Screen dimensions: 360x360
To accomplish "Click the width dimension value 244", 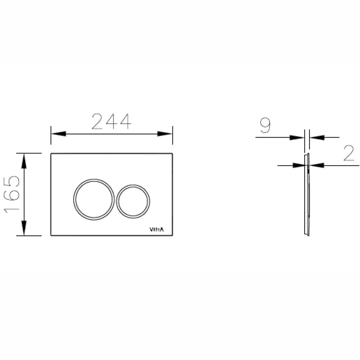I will pyautogui.click(x=111, y=121).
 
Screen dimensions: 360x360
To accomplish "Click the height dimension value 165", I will pyautogui.click(x=12, y=194).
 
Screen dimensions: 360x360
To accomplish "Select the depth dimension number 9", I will pyautogui.click(x=265, y=126).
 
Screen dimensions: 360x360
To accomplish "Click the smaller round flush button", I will pyautogui.click(x=133, y=200).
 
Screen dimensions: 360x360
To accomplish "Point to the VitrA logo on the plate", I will pyautogui.click(x=157, y=229).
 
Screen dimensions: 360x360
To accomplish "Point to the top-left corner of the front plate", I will pyautogui.click(x=51, y=154).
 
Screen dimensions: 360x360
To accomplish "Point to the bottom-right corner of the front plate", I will pyautogui.click(x=172, y=235).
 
